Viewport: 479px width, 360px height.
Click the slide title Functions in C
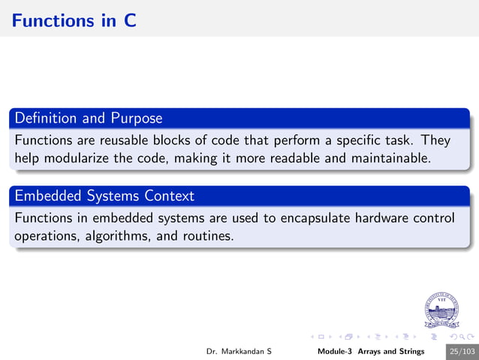click(x=74, y=20)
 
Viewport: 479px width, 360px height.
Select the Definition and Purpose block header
click(x=89, y=118)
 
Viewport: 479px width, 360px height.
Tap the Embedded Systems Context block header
click(x=104, y=196)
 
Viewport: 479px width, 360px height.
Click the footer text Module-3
click(x=336, y=351)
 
